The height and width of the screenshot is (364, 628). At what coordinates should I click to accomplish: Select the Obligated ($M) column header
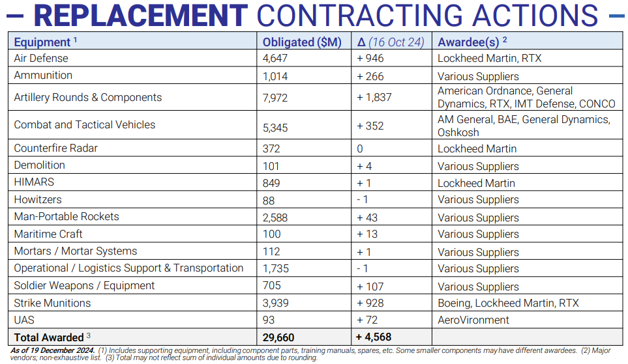coord(302,42)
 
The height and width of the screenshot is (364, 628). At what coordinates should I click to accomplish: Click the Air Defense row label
coord(41,59)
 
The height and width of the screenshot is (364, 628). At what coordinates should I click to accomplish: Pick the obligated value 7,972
coord(275,98)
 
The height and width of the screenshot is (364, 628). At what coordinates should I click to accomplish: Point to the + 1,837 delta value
coord(374,97)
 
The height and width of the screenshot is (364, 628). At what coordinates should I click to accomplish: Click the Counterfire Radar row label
coord(55,148)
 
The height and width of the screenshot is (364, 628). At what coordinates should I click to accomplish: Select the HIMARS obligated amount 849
coord(271,183)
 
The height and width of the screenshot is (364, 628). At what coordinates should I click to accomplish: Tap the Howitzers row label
coord(38,200)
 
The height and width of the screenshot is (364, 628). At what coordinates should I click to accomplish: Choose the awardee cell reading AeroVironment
coord(473,320)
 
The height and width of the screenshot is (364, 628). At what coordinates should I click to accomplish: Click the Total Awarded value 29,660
coord(278,337)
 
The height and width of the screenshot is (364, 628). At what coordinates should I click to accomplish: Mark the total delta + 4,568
coord(374,337)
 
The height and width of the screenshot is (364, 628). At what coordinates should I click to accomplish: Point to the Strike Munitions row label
coord(52,303)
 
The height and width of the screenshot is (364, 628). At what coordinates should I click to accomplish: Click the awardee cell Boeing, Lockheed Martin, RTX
coord(508,303)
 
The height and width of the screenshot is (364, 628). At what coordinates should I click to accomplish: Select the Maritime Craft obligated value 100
coord(271,234)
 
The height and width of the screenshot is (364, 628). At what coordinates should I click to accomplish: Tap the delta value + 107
coord(370,287)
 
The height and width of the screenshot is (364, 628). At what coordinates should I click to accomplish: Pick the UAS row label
coord(24,320)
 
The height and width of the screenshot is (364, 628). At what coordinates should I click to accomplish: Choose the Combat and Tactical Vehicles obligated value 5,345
coord(275,128)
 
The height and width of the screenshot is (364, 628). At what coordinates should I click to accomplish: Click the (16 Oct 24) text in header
coord(396,42)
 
